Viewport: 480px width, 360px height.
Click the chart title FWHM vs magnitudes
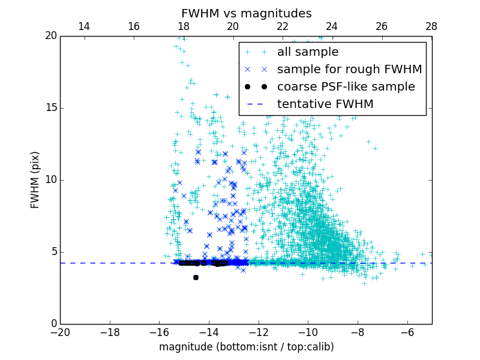246,13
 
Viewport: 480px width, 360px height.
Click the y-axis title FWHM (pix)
35,180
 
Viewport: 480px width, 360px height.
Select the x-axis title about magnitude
246,347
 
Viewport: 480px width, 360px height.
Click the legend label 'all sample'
307,52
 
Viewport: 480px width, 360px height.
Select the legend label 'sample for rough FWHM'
349,70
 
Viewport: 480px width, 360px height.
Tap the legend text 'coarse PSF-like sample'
346,87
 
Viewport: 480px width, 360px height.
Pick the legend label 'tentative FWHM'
325,104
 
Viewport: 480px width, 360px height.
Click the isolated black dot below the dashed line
196,277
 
